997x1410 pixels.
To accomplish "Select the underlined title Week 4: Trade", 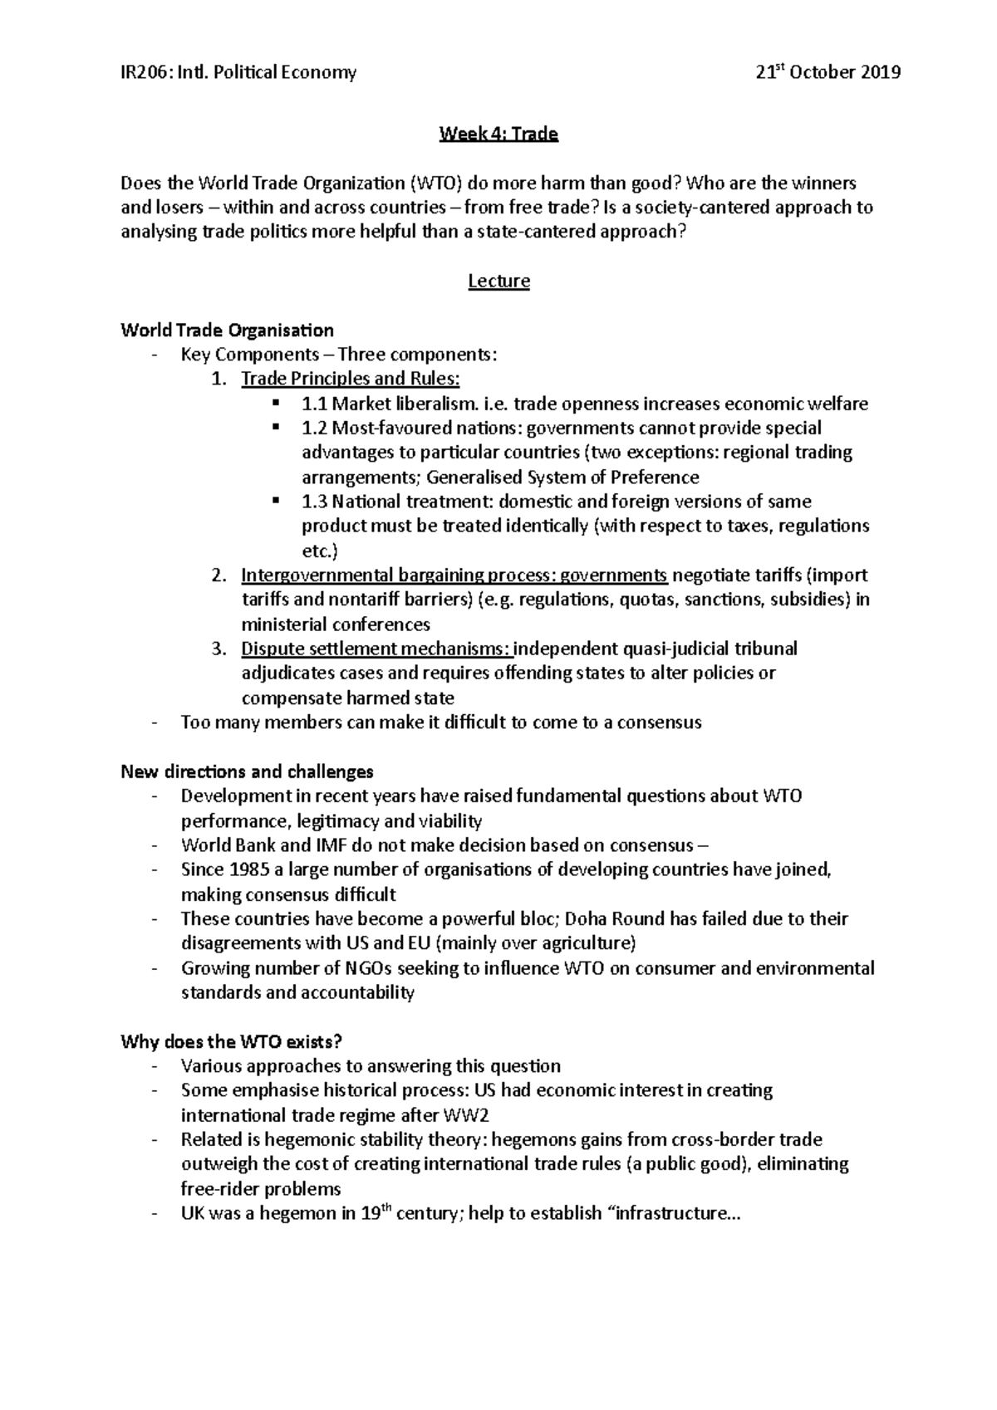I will [498, 134].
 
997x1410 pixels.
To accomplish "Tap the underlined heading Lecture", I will [498, 281].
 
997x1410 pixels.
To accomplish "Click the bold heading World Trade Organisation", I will [227, 330].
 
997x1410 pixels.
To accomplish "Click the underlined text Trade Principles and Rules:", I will [350, 379].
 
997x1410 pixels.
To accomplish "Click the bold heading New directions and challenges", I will [247, 771].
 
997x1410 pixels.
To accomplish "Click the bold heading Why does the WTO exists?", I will [232, 1041].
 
